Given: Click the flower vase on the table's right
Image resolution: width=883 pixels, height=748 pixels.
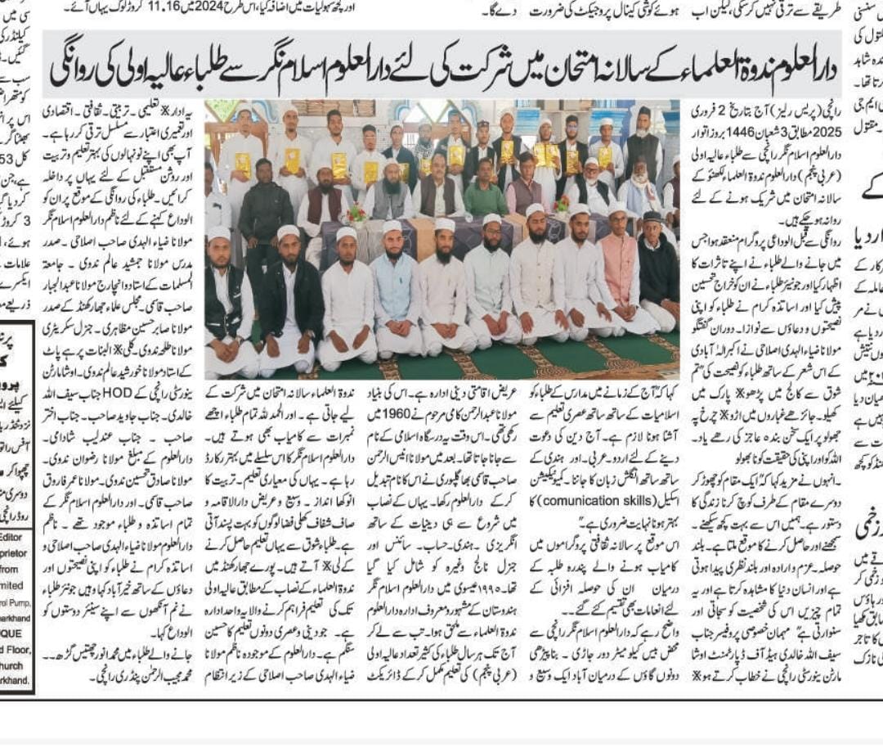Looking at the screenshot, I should (x=563, y=204).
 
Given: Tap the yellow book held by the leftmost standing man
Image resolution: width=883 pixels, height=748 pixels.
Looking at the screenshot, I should (x=243, y=164).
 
